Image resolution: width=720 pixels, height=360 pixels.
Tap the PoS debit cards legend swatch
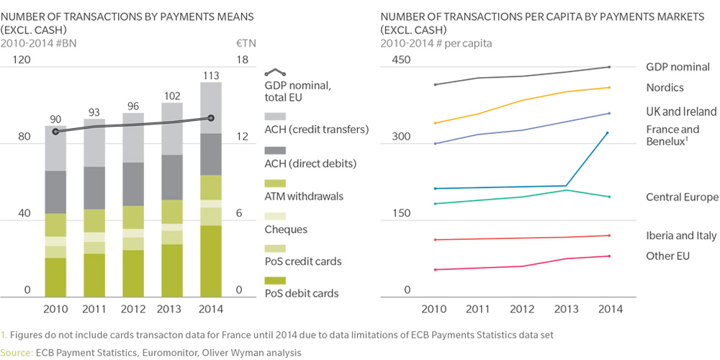click(276, 280)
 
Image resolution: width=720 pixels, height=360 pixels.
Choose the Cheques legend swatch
click(276, 216)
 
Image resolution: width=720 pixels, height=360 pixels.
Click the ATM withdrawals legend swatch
click(276, 184)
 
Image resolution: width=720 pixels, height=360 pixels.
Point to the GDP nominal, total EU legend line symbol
click(276, 73)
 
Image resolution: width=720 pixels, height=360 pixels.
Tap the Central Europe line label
click(682, 197)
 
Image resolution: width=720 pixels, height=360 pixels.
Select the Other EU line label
click(671, 256)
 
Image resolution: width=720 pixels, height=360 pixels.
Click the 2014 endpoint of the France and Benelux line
click(609, 133)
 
